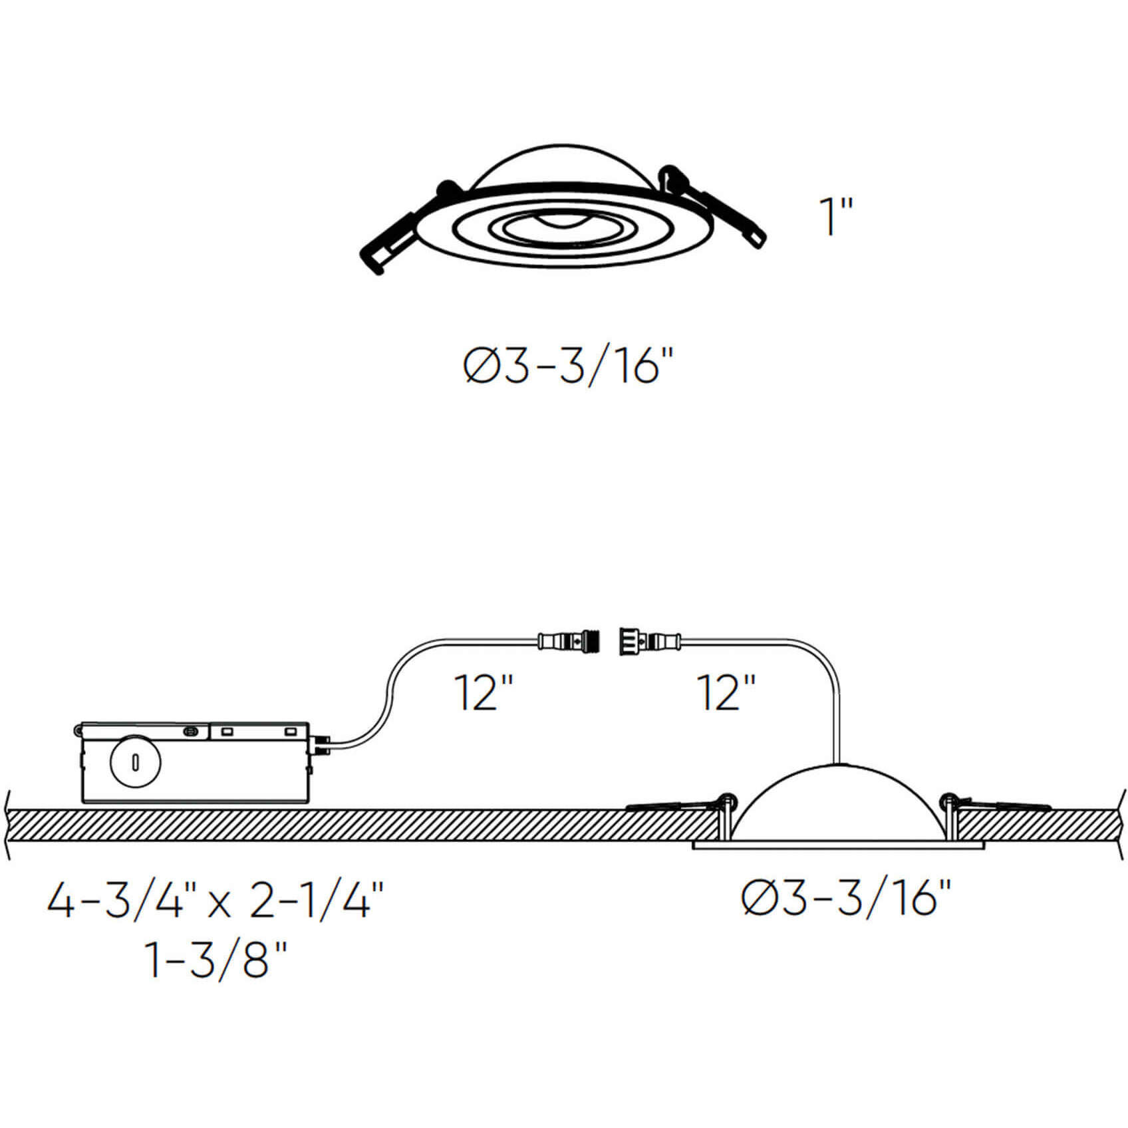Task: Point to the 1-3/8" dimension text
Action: click(x=216, y=959)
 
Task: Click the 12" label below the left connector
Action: click(x=484, y=692)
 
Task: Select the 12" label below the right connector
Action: click(x=726, y=692)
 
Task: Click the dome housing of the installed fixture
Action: click(x=838, y=801)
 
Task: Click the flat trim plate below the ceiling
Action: click(x=838, y=845)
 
